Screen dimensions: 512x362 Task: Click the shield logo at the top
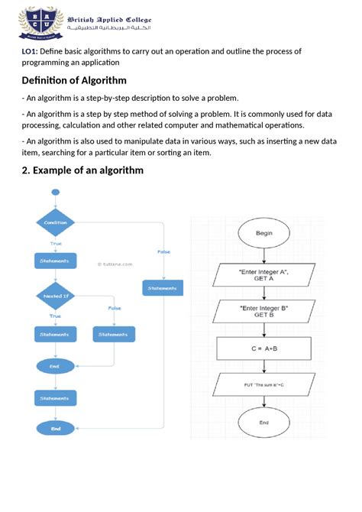coord(36,22)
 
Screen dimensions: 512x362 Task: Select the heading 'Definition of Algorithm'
coord(73,80)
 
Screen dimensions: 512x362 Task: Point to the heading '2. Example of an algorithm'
coord(82,170)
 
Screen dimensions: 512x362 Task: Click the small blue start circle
coord(55,193)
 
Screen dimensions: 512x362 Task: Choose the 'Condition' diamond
coord(55,222)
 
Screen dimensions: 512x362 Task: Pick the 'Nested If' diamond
coord(55,295)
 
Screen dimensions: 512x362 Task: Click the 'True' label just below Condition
coord(56,243)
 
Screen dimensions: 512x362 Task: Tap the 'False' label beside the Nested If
coord(115,308)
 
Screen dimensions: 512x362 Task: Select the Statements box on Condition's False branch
coord(162,288)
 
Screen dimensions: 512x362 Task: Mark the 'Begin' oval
coord(263,234)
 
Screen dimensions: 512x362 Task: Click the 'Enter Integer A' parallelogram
coord(263,276)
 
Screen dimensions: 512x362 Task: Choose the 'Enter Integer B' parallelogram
coord(263,311)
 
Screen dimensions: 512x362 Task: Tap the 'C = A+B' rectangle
coord(263,348)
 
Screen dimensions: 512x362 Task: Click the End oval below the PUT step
coord(263,422)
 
